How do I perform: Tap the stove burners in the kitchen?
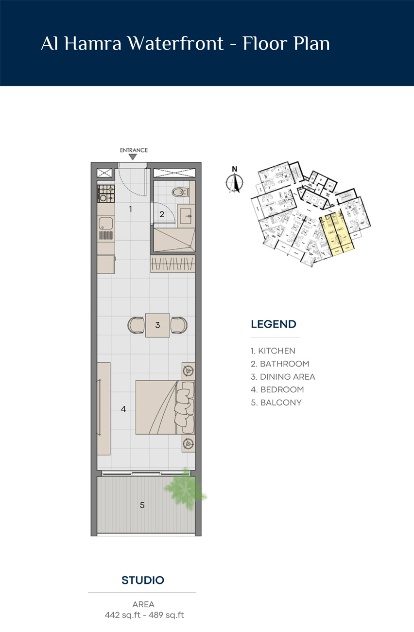tap(105, 193)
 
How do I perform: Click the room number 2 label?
tap(162, 213)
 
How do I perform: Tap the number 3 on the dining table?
tap(157, 325)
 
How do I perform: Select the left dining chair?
tap(136, 325)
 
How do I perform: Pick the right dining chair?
tap(179, 325)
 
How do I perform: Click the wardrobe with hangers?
tap(172, 264)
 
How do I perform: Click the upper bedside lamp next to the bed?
tap(188, 371)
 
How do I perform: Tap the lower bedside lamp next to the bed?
tap(188, 443)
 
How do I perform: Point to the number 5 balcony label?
tap(142, 505)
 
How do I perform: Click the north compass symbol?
tap(235, 181)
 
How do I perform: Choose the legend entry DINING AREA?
tap(283, 376)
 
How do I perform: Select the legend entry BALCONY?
tap(276, 403)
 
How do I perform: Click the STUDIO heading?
tap(142, 580)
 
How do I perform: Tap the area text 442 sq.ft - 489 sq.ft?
tap(144, 615)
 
